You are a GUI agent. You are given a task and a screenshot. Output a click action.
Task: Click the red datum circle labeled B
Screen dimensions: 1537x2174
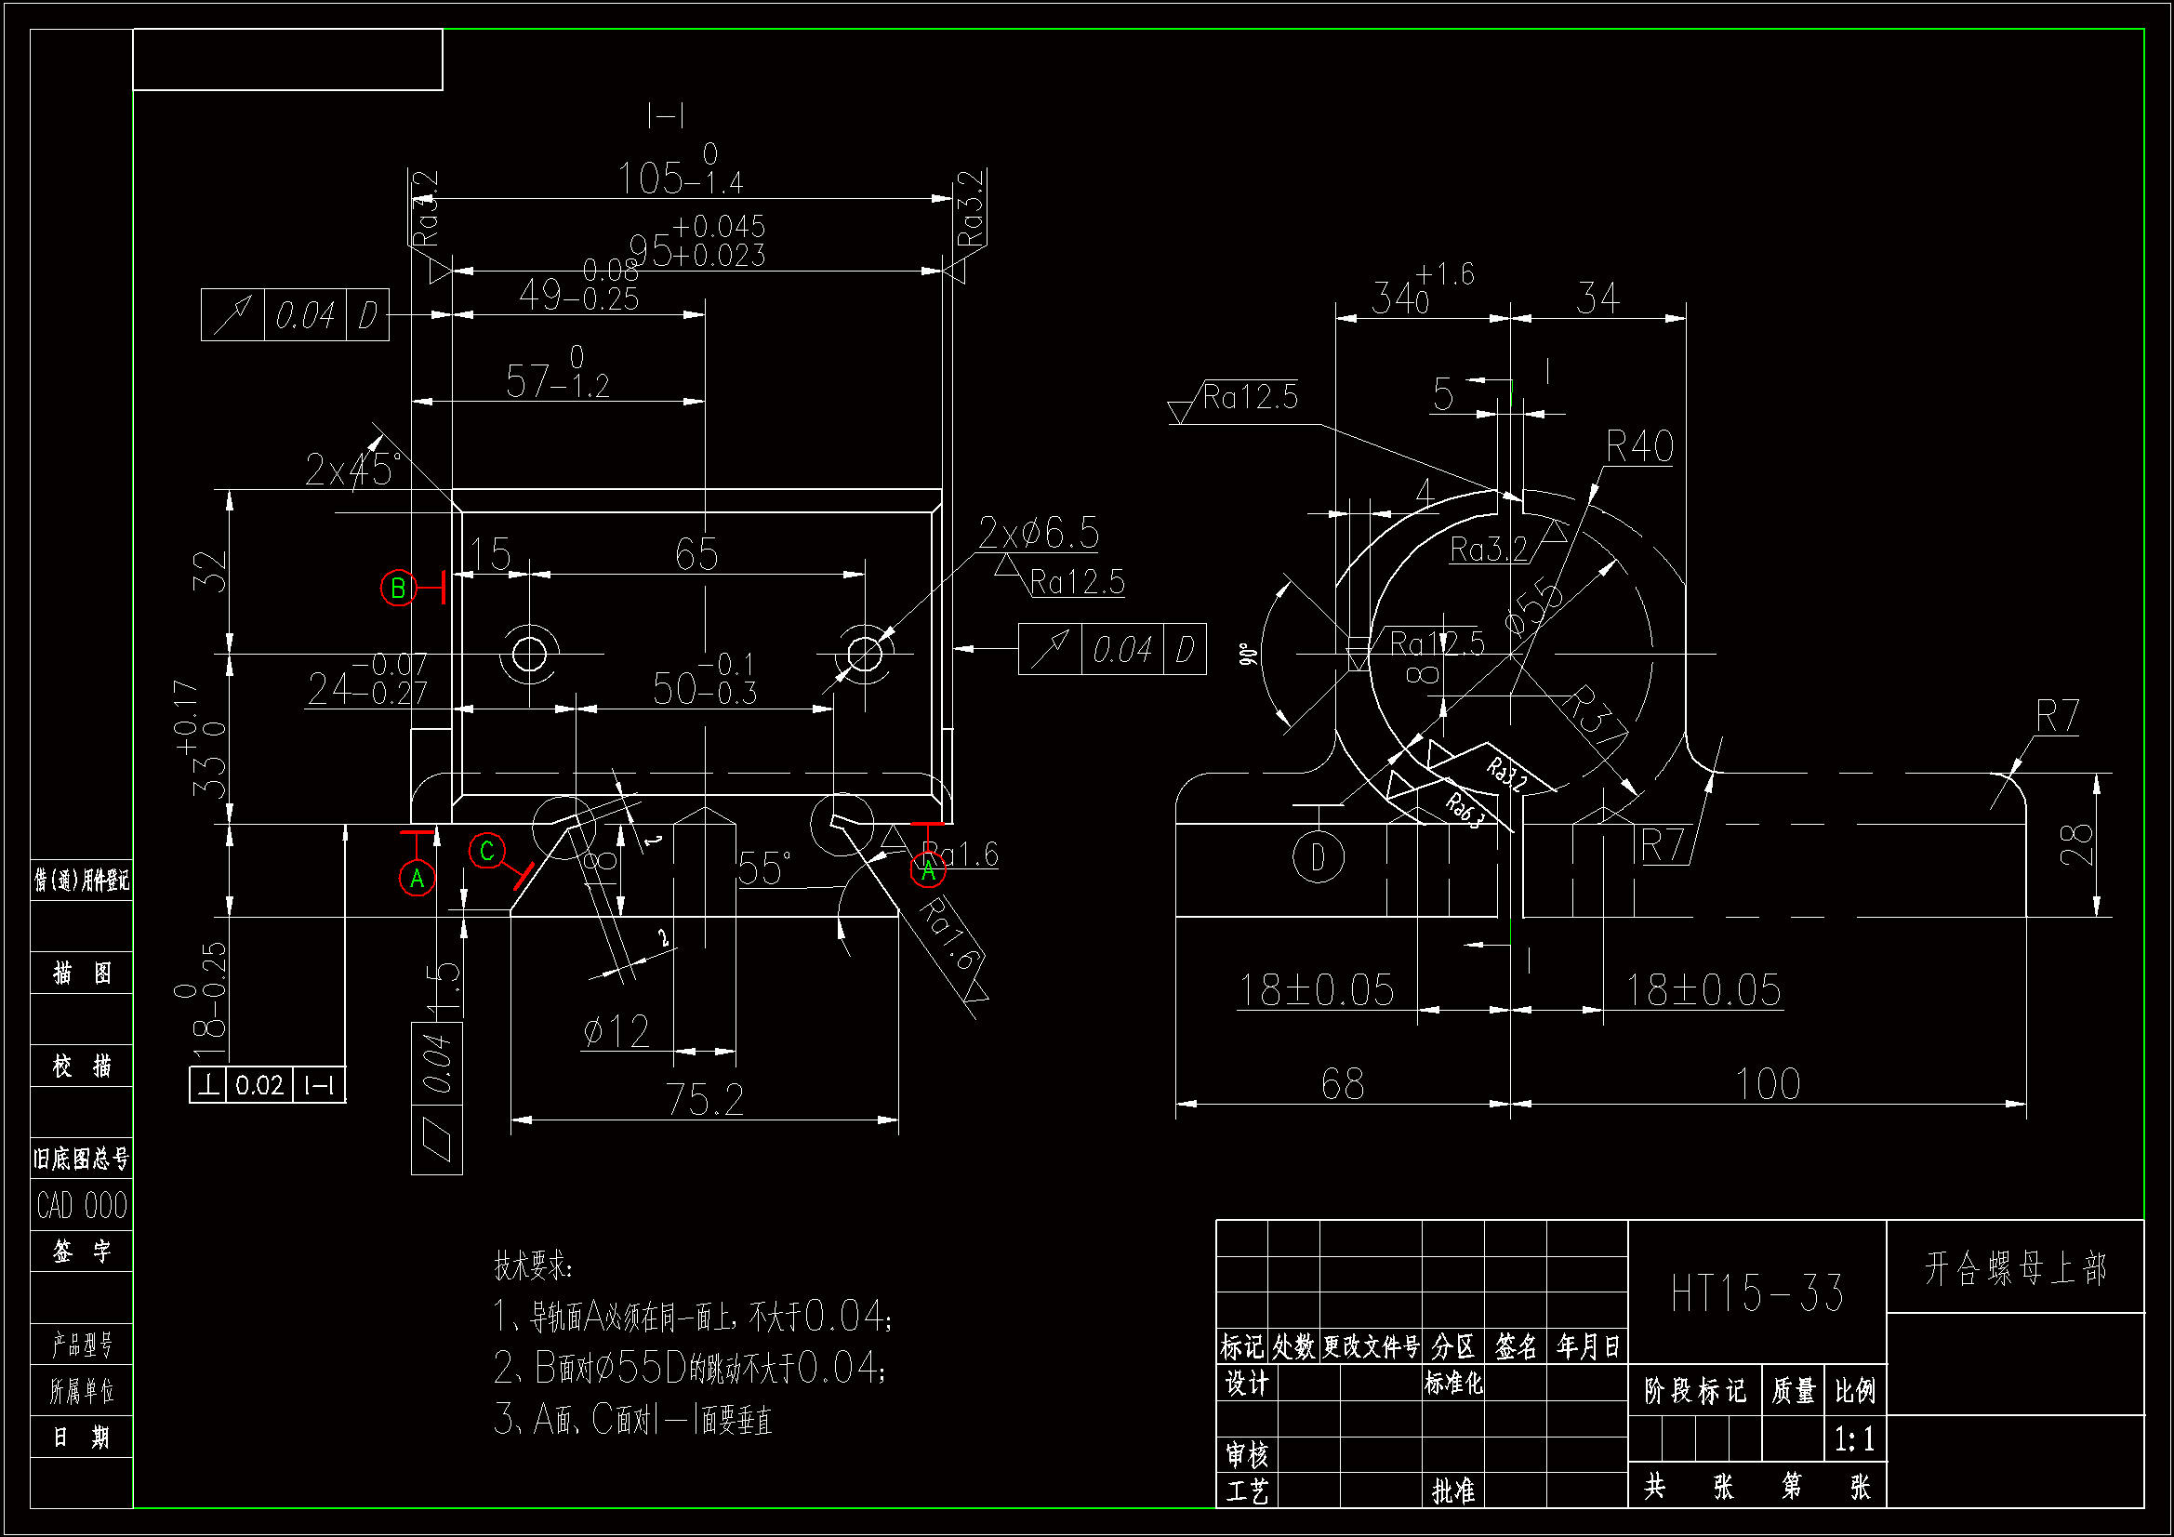pyautogui.click(x=398, y=588)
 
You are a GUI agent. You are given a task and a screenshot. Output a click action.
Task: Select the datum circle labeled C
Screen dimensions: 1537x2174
pyautogui.click(x=486, y=851)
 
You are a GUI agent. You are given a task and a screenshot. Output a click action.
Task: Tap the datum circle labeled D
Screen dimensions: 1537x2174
pyautogui.click(x=1318, y=857)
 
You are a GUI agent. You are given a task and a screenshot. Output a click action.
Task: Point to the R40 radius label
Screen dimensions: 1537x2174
pyautogui.click(x=1640, y=446)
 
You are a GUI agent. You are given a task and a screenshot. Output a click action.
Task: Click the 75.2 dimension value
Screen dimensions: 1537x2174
pyautogui.click(x=706, y=1099)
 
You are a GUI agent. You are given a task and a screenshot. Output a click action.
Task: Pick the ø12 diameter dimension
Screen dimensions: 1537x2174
pyautogui.click(x=616, y=1031)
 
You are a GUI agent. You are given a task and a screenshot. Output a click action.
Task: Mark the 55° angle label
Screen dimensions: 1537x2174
pyautogui.click(x=764, y=868)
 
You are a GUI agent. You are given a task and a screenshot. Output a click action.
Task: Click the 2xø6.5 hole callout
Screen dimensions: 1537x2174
pyautogui.click(x=1038, y=533)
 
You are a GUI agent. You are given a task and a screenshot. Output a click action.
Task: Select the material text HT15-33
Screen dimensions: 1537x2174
pyautogui.click(x=1756, y=1293)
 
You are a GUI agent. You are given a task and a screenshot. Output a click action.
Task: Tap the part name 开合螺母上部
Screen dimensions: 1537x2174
pyautogui.click(x=2016, y=1268)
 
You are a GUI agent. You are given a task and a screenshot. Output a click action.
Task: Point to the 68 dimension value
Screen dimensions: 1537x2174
pyautogui.click(x=1343, y=1084)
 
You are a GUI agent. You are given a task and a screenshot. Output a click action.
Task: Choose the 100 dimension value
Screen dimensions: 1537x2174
pyautogui.click(x=1768, y=1084)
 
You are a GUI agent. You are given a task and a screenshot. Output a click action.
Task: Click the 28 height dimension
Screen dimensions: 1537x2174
pyautogui.click(x=2075, y=844)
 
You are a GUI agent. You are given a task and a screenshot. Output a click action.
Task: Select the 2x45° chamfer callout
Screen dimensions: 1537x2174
pyautogui.click(x=352, y=470)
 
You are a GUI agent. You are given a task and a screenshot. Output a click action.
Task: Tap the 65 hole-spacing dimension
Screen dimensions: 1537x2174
pyautogui.click(x=696, y=554)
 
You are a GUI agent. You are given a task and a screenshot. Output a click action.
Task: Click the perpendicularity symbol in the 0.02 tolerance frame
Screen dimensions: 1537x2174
pyautogui.click(x=208, y=1085)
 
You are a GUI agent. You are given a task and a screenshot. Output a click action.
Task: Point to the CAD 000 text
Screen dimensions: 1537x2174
pyautogui.click(x=82, y=1206)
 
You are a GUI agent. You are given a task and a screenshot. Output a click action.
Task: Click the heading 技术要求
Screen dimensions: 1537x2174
pyautogui.click(x=533, y=1265)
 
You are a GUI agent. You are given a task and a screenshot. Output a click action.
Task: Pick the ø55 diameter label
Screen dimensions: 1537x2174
pyautogui.click(x=1534, y=607)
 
